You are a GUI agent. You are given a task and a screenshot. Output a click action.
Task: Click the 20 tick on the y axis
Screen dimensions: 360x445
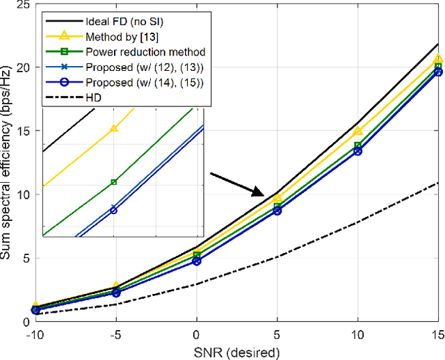pos(22,67)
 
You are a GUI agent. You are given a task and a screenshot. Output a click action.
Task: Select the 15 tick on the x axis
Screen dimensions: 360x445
pos(437,334)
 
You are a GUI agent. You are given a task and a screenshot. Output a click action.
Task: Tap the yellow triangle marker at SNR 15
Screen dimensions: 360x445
pos(438,59)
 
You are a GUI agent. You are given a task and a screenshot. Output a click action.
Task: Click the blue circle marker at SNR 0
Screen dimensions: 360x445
pos(197,261)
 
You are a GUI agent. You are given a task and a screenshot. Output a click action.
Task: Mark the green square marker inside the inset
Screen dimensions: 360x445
pos(114,182)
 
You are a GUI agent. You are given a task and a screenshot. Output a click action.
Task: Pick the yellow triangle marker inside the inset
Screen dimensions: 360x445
pos(114,128)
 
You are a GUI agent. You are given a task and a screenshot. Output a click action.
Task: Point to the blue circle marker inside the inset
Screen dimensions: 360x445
pos(114,210)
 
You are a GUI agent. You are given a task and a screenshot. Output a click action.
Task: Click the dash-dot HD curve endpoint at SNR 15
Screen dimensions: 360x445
pos(438,182)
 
